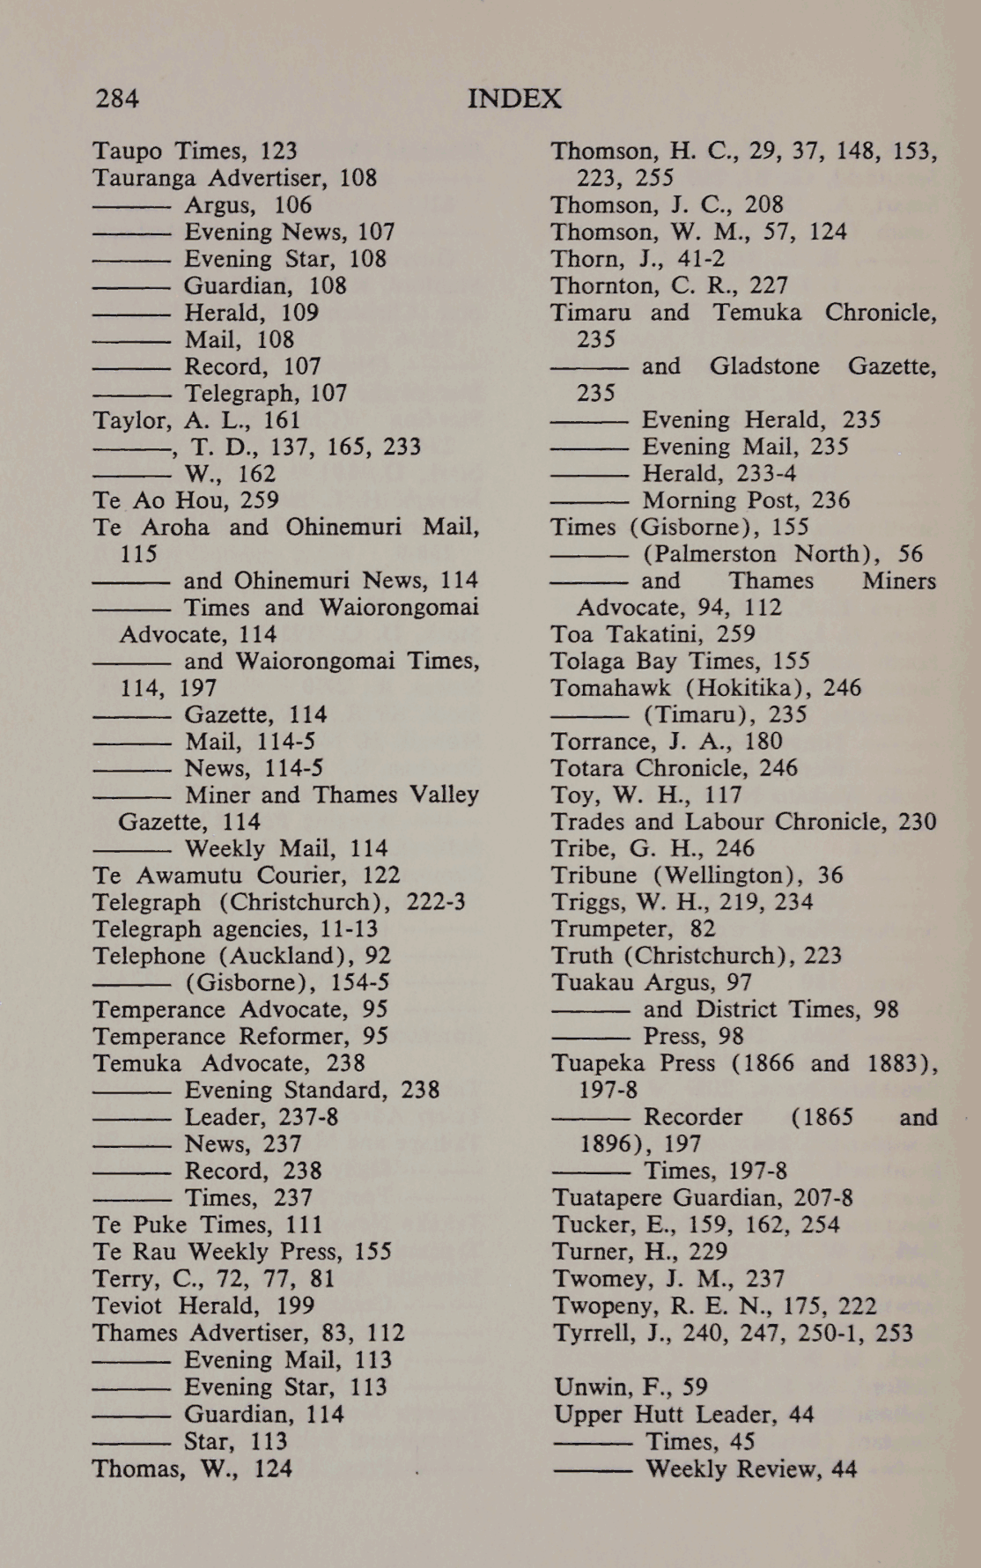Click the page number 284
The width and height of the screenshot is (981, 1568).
click(117, 98)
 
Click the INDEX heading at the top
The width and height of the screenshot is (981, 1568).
click(514, 98)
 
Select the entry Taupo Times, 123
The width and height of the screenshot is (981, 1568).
click(195, 152)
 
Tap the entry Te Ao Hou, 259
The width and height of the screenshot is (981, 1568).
click(186, 500)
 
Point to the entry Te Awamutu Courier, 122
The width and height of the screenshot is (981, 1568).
click(246, 876)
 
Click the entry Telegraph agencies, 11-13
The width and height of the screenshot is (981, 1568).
click(235, 929)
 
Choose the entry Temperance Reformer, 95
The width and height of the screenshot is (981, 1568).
click(240, 1037)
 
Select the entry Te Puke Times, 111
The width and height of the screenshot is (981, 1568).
click(208, 1225)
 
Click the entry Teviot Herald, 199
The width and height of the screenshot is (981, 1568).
click(203, 1305)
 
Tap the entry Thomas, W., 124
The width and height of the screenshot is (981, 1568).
click(192, 1468)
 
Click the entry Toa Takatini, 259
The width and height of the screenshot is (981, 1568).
click(653, 634)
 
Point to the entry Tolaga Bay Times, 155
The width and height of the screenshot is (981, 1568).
click(680, 662)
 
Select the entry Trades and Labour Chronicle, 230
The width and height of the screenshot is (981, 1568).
click(743, 822)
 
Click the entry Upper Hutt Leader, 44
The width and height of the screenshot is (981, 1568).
click(683, 1415)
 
